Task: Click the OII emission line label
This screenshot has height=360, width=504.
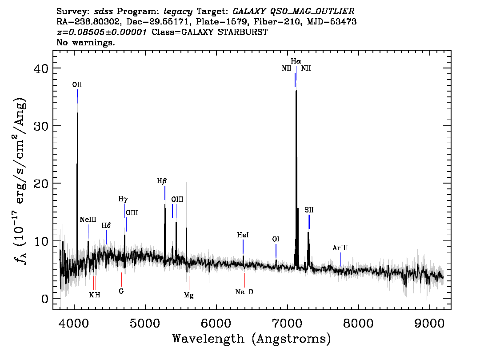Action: coord(77,84)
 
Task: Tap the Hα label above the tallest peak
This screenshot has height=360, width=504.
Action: coord(296,61)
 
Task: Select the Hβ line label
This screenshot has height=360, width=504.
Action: coord(162,181)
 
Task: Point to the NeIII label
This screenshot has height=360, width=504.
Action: coord(88,220)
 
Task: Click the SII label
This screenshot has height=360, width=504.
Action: coord(309,210)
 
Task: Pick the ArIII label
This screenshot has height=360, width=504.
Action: coord(340,248)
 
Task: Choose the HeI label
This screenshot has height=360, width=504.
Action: coord(243,235)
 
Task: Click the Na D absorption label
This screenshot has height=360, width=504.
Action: coord(244,292)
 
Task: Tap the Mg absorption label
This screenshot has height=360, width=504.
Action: coord(189,295)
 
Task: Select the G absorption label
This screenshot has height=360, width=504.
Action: coord(121,291)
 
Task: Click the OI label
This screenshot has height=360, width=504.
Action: coord(276,239)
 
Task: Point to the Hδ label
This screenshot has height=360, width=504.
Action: coord(106,225)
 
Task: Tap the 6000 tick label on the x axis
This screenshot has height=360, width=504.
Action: coord(216,324)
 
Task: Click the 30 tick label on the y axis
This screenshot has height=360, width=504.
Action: coord(41,126)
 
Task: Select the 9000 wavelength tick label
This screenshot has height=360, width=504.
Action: coord(429,324)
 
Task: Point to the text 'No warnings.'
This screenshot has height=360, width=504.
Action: coord(85,42)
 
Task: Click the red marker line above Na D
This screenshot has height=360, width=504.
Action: coord(244,280)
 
